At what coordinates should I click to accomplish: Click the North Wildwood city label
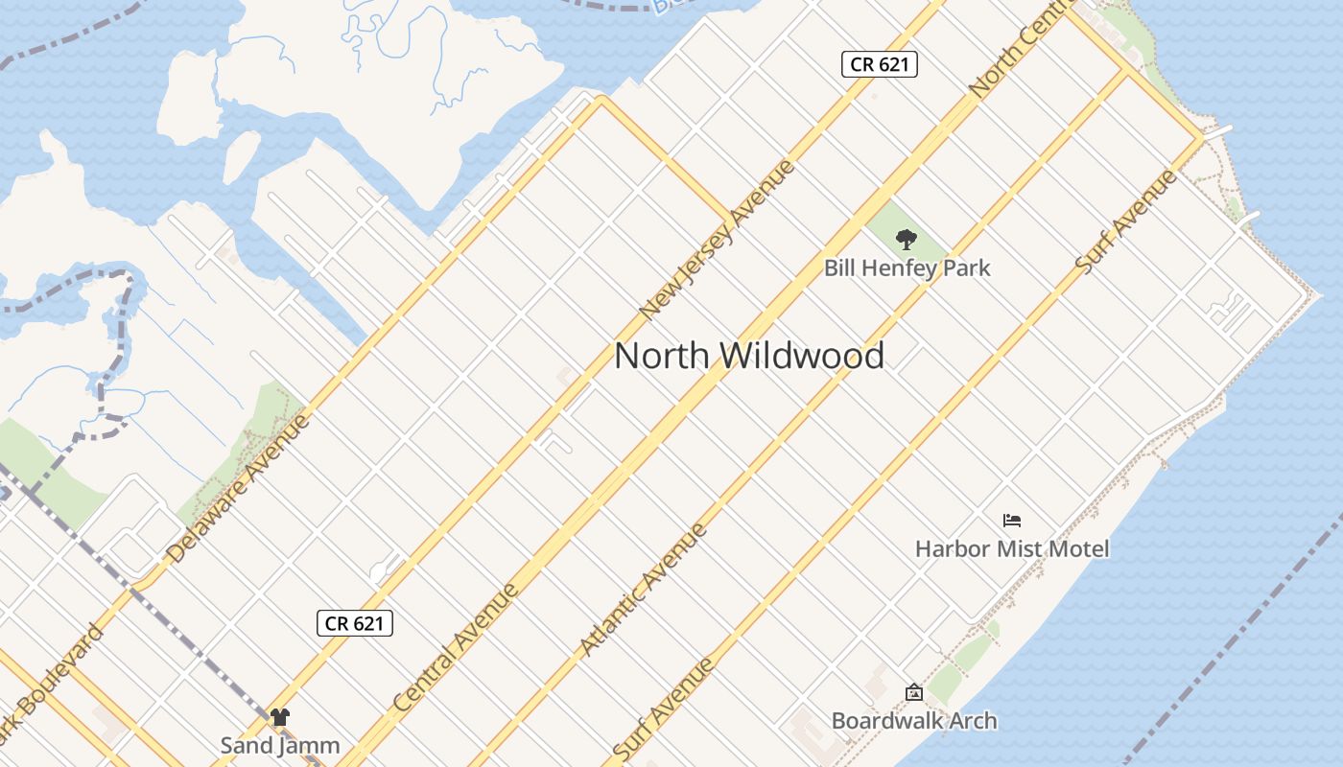tap(749, 356)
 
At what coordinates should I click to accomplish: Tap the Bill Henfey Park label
tap(907, 268)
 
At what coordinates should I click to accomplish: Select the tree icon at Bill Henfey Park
tap(906, 240)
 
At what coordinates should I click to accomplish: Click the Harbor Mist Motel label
tap(1012, 548)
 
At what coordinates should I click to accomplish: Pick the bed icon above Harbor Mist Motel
tap(1012, 521)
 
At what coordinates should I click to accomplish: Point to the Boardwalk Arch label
tap(914, 720)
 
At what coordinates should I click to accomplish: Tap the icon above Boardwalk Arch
tap(914, 691)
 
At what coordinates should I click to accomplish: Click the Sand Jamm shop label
tap(280, 745)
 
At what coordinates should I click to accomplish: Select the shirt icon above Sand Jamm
tap(279, 717)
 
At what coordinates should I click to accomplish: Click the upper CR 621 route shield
tap(880, 64)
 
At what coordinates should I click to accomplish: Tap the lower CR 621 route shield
tap(355, 623)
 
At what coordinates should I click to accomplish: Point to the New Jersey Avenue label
tap(718, 239)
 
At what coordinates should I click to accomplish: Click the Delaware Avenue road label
tap(239, 488)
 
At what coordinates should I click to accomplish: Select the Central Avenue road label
tap(457, 647)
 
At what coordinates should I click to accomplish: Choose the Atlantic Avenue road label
tap(644, 589)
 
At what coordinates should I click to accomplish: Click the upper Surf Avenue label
tap(1126, 221)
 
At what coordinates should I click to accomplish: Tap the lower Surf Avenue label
tap(664, 709)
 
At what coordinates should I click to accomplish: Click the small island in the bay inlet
tap(242, 155)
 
